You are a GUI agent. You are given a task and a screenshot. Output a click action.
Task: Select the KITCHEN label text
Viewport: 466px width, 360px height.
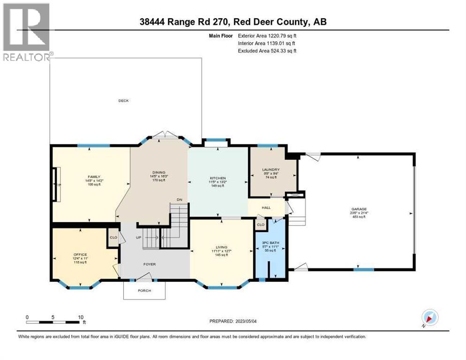tap(218, 178)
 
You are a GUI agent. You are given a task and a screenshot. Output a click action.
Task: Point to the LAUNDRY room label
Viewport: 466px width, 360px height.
tap(271, 169)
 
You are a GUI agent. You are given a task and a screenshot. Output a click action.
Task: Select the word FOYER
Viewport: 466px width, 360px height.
tap(150, 264)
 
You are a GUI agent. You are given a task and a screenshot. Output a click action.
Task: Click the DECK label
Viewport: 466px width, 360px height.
tap(123, 101)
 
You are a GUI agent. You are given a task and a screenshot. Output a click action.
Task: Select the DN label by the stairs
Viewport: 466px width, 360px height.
tap(179, 199)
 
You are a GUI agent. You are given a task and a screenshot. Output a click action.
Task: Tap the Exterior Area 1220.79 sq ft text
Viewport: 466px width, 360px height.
tap(267, 35)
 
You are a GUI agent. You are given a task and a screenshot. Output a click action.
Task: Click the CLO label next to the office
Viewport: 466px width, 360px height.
tap(113, 238)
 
